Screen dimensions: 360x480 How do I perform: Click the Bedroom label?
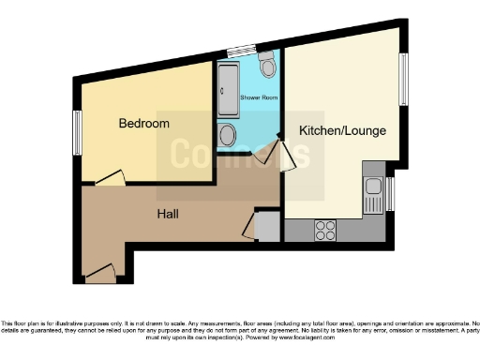[143, 124]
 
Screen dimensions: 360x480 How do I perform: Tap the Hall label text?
[168, 214]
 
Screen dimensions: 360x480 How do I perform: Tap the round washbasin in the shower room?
[227, 137]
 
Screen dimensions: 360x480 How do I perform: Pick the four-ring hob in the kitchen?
[326, 228]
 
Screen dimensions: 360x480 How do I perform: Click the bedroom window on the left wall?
[79, 127]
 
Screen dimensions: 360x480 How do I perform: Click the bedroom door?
[112, 175]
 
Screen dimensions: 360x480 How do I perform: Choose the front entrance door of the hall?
[99, 274]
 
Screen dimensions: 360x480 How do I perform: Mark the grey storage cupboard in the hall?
[266, 227]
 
